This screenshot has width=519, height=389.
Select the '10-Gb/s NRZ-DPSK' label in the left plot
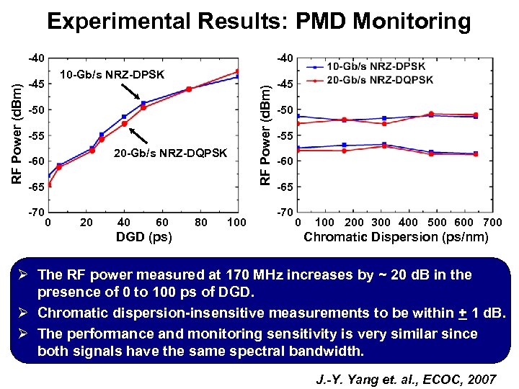pos(112,75)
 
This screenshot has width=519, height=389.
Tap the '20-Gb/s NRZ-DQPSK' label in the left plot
pos(171,153)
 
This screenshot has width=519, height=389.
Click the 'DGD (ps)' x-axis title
pos(144,237)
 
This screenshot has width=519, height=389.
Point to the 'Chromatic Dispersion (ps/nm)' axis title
pos(396,237)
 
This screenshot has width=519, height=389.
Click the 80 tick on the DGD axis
pos(201,222)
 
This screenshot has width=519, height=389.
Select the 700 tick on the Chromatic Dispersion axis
pos(492,222)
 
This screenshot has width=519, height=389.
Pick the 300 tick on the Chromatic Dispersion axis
pos(381,222)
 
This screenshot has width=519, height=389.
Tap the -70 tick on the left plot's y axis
pos(35,213)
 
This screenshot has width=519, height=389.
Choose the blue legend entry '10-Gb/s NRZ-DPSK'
pos(375,67)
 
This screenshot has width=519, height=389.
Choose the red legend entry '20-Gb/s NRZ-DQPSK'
pos(375,79)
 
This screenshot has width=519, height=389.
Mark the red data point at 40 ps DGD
pos(124,124)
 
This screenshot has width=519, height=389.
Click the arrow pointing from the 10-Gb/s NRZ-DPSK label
pos(132,92)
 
